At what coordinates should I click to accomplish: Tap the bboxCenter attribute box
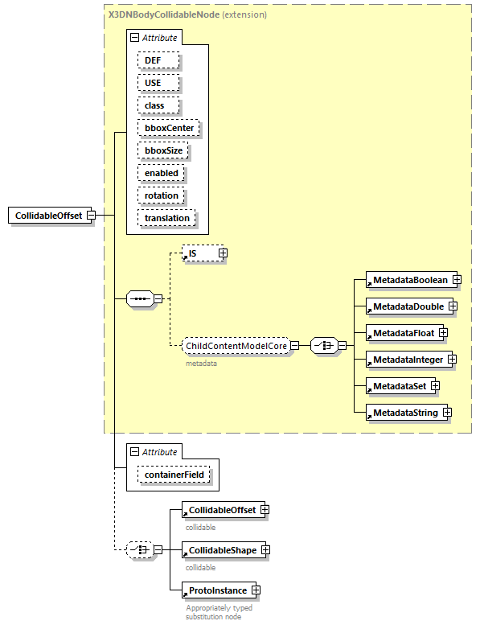point(168,128)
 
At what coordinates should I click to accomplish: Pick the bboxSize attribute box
point(162,150)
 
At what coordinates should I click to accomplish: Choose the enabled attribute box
point(162,173)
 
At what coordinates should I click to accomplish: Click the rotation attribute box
point(162,195)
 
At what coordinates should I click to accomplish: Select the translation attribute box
point(167,218)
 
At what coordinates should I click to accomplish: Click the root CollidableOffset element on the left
point(47,216)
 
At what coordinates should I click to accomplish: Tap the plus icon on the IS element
point(224,253)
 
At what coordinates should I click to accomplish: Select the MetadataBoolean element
point(408,280)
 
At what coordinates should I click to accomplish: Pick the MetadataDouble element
point(406,306)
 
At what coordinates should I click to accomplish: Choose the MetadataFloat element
point(401,333)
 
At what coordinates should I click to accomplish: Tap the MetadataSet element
point(398,386)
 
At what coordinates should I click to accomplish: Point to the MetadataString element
point(404,413)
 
